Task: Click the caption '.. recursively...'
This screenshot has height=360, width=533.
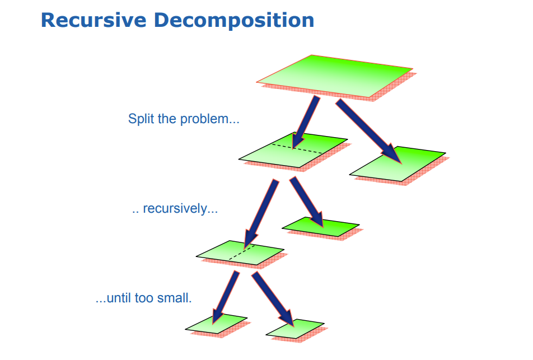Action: (x=175, y=209)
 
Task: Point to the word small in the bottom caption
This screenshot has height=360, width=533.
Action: (x=174, y=298)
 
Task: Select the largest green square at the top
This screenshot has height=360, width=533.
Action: (x=336, y=76)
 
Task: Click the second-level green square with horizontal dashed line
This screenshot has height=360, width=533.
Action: (x=280, y=154)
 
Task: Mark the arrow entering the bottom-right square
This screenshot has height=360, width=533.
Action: (x=274, y=300)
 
